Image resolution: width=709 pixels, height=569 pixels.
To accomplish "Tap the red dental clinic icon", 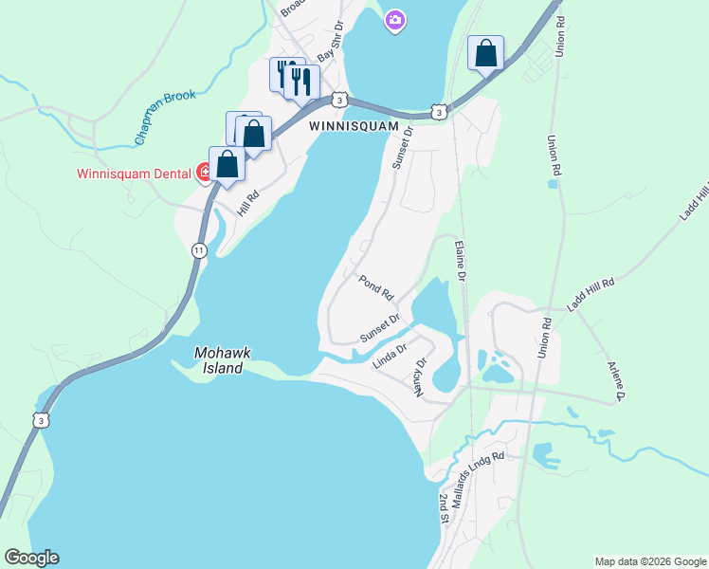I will (203, 173).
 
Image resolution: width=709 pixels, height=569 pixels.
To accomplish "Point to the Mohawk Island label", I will (223, 360).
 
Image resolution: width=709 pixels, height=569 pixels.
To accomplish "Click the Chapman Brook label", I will (165, 116).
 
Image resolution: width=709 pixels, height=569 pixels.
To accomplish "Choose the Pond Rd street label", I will (375, 285).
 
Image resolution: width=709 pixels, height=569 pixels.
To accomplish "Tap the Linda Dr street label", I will (390, 356).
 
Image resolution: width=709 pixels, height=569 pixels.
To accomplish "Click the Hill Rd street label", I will (248, 201).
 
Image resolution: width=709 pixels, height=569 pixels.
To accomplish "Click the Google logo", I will (31, 558).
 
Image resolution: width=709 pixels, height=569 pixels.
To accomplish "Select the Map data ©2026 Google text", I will (649, 561).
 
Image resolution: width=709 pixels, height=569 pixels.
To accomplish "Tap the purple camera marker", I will (395, 20).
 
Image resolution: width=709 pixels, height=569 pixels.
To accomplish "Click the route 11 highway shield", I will (198, 250).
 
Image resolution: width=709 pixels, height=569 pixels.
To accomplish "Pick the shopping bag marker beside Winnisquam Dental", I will (227, 164).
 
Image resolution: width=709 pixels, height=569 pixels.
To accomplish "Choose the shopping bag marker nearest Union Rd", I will (485, 54).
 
